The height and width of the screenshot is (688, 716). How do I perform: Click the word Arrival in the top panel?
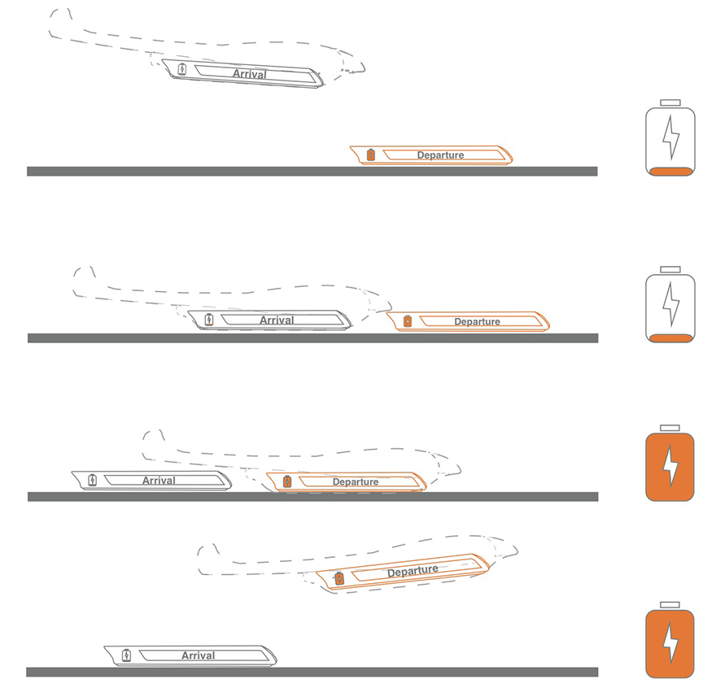pyautogui.click(x=249, y=74)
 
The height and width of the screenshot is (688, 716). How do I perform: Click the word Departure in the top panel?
pyautogui.click(x=440, y=155)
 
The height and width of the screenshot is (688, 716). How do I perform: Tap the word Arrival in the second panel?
pyautogui.click(x=277, y=320)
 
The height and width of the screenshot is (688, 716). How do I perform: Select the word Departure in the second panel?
pyautogui.click(x=477, y=322)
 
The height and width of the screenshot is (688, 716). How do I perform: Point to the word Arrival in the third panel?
pyautogui.click(x=159, y=481)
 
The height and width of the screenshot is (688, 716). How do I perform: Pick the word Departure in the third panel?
pyautogui.click(x=356, y=482)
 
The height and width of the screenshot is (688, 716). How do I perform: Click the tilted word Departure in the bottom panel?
pyautogui.click(x=413, y=571)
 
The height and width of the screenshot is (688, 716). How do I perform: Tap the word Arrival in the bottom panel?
pyautogui.click(x=199, y=655)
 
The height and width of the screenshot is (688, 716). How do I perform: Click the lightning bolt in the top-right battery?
pyautogui.click(x=670, y=137)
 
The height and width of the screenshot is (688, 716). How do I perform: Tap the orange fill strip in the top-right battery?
pyautogui.click(x=670, y=172)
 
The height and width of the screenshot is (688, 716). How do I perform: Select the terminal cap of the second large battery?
pyautogui.click(x=670, y=269)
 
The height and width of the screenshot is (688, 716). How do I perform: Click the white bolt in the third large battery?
pyautogui.click(x=670, y=466)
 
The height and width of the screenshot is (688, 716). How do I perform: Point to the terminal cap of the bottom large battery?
pyautogui.click(x=670, y=605)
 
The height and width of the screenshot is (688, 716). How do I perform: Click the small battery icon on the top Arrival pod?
pyautogui.click(x=182, y=69)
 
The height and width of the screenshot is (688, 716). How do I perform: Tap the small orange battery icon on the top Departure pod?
pyautogui.click(x=371, y=155)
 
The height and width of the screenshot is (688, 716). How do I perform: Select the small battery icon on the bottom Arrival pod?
pyautogui.click(x=126, y=655)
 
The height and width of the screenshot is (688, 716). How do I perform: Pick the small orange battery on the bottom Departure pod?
pyautogui.click(x=339, y=578)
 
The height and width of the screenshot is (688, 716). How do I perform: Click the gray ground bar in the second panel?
pyautogui.click(x=312, y=337)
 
